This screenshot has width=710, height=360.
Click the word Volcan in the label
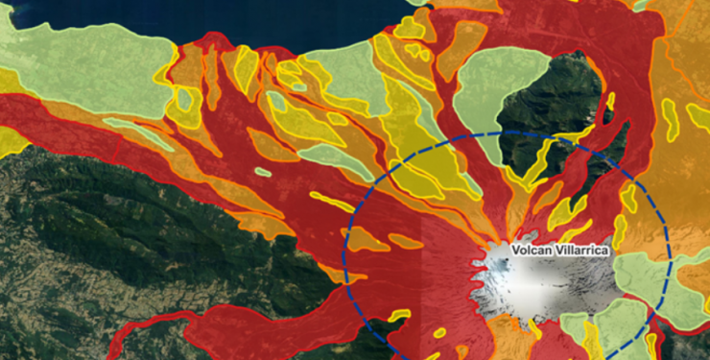(x=531, y=250)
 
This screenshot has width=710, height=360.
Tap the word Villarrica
(x=578, y=250)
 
